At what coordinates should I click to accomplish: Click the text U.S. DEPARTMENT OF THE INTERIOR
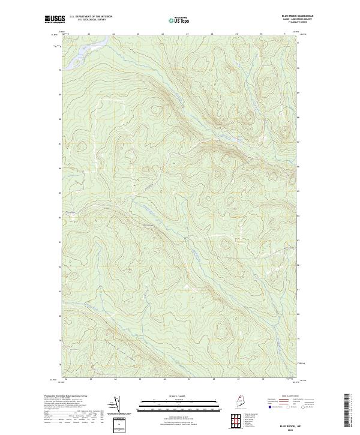tap(91, 17)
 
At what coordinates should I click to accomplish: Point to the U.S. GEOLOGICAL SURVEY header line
tap(91, 20)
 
